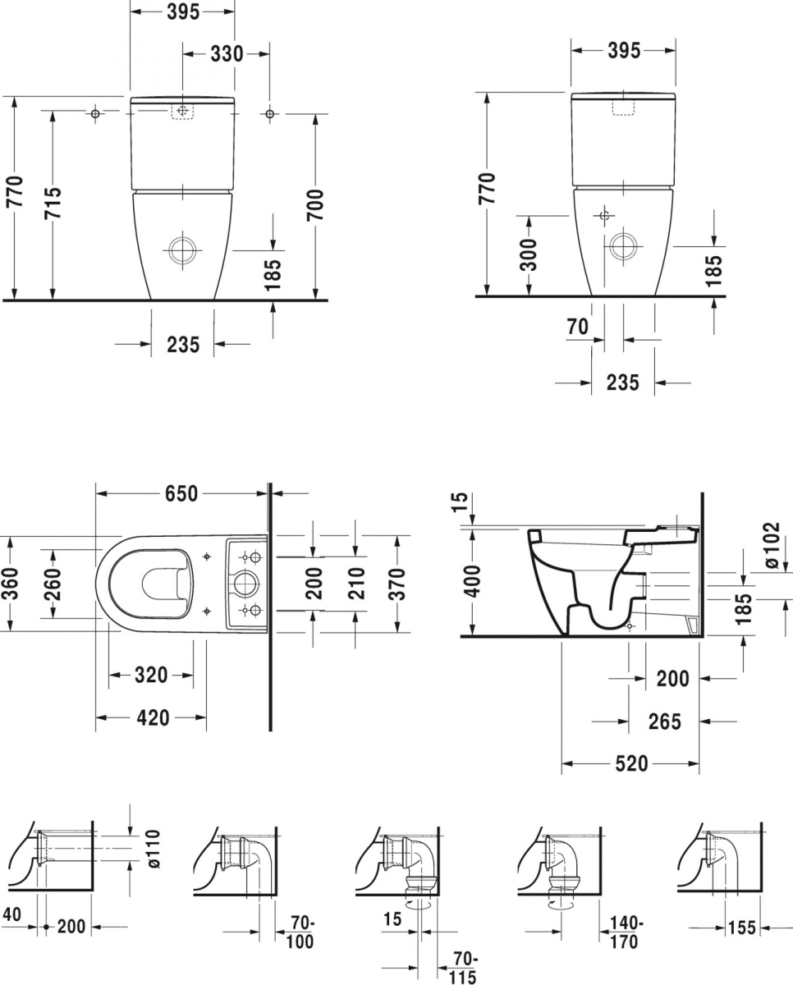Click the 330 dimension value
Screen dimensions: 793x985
227,54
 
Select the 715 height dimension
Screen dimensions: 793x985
53,203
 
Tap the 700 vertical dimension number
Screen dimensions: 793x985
315,204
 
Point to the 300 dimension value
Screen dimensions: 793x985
529,255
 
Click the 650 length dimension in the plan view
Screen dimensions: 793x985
181,493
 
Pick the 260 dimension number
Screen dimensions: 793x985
53,584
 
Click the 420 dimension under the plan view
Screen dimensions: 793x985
153,717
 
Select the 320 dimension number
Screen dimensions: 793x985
151,675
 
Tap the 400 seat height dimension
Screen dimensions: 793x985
473,581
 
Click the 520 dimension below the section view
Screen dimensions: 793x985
631,763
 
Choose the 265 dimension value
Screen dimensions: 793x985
665,722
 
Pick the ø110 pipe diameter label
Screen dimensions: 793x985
153,850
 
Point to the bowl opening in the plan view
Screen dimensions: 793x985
163,584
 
